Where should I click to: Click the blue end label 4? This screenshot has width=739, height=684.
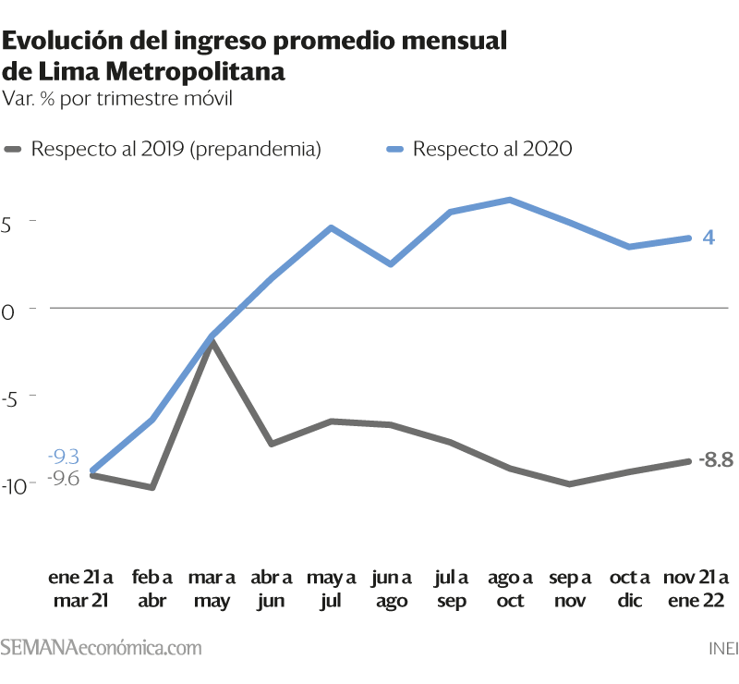pyautogui.click(x=709, y=238)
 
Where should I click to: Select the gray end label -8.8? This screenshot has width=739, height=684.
pyautogui.click(x=716, y=459)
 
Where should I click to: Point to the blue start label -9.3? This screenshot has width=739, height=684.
pyautogui.click(x=64, y=457)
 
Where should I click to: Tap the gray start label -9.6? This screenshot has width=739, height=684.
pyautogui.click(x=64, y=478)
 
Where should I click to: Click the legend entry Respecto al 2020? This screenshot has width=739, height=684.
pyautogui.click(x=479, y=149)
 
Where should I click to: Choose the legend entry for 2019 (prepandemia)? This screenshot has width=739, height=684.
pyautogui.click(x=163, y=149)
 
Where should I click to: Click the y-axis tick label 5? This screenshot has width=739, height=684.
pyautogui.click(x=6, y=225)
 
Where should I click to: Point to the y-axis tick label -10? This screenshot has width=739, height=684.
pyautogui.click(x=14, y=487)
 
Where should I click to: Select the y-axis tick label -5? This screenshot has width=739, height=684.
pyautogui.click(x=9, y=399)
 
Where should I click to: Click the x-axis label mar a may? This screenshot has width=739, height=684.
pyautogui.click(x=212, y=589)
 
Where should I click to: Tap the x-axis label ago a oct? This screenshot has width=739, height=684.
pyautogui.click(x=510, y=589)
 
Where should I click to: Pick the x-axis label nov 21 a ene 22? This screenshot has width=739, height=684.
pyautogui.click(x=697, y=589)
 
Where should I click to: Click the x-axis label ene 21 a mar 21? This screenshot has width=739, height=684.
pyautogui.click(x=80, y=589)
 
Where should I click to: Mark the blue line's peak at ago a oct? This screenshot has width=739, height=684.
pyautogui.click(x=510, y=200)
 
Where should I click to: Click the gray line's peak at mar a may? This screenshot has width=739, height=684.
pyautogui.click(x=212, y=343)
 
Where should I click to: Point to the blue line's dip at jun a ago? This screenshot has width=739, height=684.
pyautogui.click(x=391, y=263)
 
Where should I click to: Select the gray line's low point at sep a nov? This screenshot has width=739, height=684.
pyautogui.click(x=569, y=484)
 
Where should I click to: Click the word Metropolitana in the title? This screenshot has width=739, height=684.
pyautogui.click(x=195, y=72)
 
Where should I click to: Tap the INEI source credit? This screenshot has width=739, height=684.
pyautogui.click(x=723, y=649)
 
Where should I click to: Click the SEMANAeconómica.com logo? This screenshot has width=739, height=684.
pyautogui.click(x=101, y=647)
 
